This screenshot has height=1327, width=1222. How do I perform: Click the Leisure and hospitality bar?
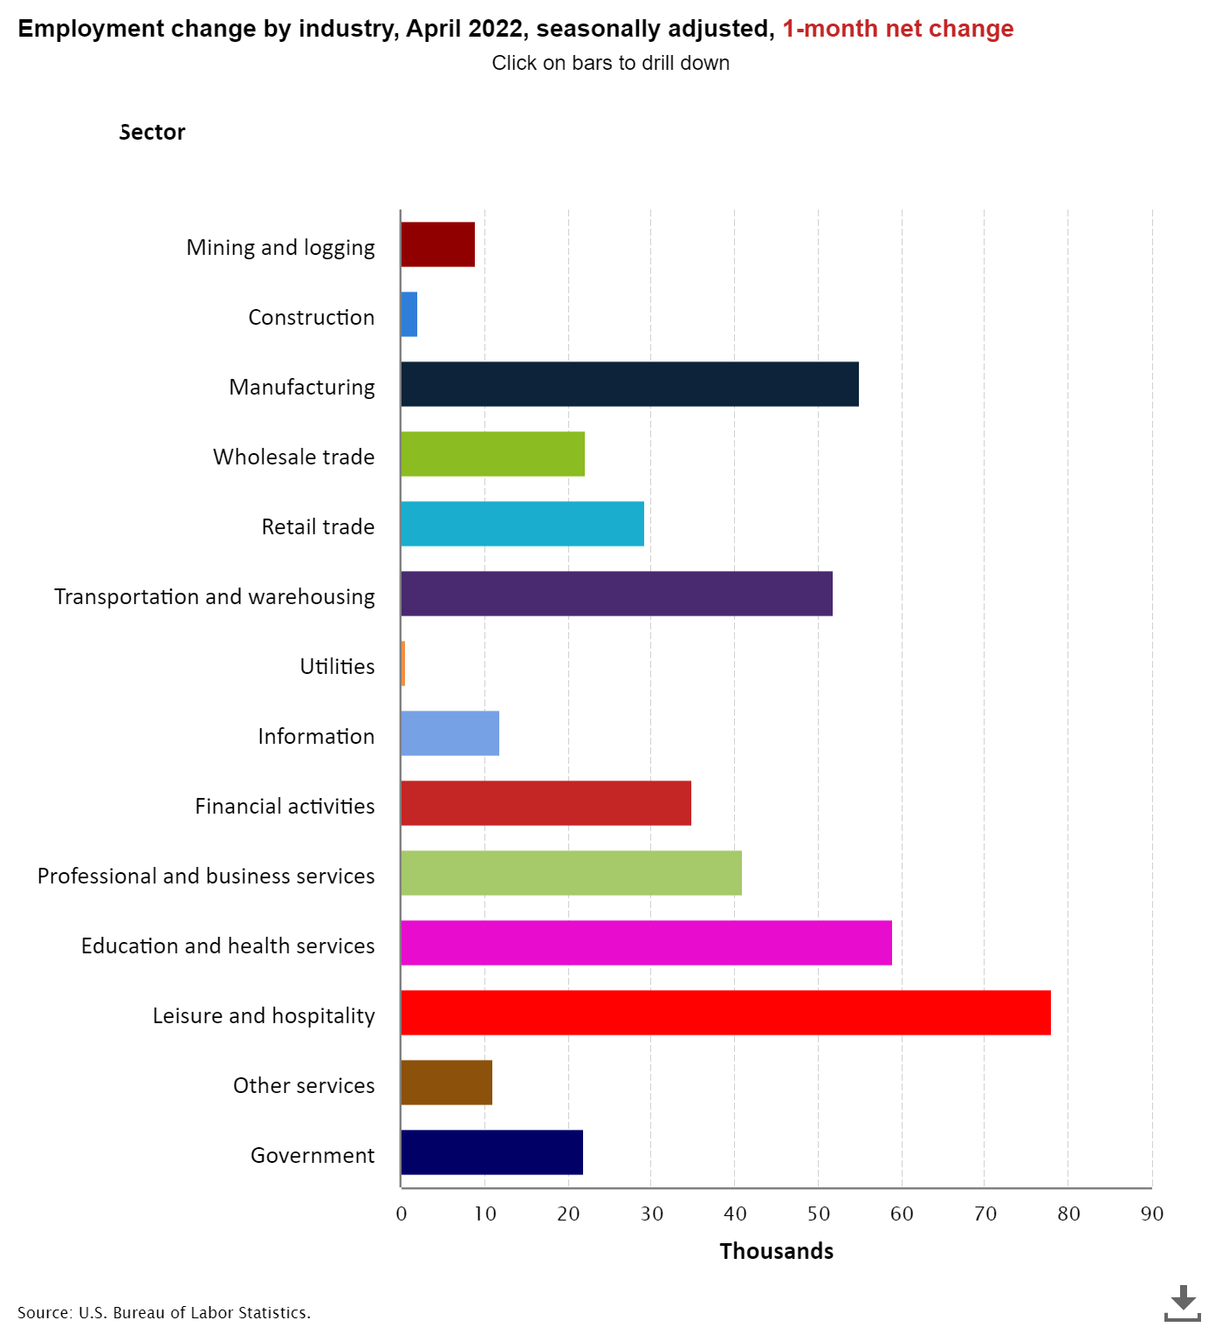725,1013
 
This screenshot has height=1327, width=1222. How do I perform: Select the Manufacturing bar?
629,384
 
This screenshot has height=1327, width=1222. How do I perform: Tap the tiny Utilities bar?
403,663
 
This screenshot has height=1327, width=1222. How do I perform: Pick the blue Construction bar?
409,314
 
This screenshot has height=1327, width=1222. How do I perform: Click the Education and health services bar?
646,943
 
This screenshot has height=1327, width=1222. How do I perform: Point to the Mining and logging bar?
438,244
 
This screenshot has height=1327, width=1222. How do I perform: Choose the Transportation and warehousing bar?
616,594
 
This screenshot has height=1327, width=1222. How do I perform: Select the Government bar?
491,1152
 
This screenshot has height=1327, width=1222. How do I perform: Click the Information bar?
450,733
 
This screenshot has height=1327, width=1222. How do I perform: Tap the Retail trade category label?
318,527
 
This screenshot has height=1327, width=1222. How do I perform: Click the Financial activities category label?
285,807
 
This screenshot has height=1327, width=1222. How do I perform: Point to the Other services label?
304,1086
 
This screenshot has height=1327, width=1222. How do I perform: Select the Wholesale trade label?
293,457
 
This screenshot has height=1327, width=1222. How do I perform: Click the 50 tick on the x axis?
818,1214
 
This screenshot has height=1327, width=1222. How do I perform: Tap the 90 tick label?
1151,1214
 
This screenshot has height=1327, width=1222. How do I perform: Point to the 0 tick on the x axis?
402,1214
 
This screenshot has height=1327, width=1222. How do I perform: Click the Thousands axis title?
776,1251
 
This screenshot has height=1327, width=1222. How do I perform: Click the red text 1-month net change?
897,29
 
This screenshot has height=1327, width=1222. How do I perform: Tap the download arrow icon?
1183,1302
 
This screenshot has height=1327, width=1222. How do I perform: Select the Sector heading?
152,133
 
